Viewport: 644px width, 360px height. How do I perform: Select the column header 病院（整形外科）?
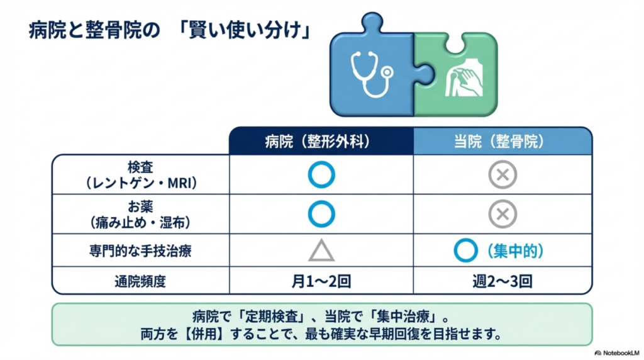(x=321, y=142)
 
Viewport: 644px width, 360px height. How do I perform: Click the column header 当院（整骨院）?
(x=502, y=142)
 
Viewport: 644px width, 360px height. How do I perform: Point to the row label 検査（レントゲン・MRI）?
(x=140, y=174)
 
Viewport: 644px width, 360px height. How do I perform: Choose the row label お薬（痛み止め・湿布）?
(x=140, y=214)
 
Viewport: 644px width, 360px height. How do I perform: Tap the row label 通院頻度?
(x=140, y=281)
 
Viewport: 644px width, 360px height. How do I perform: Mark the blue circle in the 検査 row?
(x=321, y=176)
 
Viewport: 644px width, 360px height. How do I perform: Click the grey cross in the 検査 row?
(x=502, y=176)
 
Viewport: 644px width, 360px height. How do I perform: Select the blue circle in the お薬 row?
(x=321, y=214)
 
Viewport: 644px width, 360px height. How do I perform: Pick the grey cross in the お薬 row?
(x=502, y=214)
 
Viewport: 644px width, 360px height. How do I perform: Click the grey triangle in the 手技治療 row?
(x=321, y=251)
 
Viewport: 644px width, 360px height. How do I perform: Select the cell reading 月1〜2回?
(x=321, y=281)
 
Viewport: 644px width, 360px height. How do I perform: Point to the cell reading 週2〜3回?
(x=502, y=281)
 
